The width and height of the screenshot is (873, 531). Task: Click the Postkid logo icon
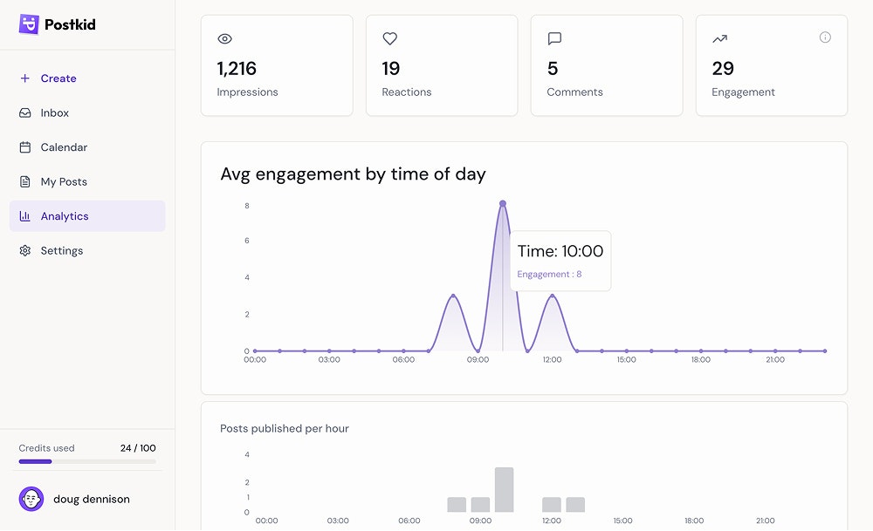click(29, 24)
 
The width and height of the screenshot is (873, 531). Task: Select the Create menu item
click(58, 78)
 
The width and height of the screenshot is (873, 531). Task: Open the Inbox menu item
click(54, 113)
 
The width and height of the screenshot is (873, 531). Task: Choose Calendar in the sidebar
click(64, 147)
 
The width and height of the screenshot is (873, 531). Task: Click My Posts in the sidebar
click(64, 181)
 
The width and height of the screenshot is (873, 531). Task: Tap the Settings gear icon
click(25, 251)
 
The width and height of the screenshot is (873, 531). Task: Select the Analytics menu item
click(65, 216)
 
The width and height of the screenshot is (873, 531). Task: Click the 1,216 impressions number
click(237, 68)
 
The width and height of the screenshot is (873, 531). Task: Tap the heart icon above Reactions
click(389, 38)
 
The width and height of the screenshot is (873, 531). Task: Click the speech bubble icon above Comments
click(554, 38)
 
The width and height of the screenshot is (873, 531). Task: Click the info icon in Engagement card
click(825, 37)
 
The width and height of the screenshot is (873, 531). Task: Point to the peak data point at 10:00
click(503, 203)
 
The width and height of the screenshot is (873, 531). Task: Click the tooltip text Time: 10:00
click(560, 251)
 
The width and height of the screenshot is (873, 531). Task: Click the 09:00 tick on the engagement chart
click(478, 359)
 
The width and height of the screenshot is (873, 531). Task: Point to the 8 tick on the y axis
click(247, 206)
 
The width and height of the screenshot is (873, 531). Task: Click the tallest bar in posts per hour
click(504, 489)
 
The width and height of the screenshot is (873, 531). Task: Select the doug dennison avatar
click(31, 500)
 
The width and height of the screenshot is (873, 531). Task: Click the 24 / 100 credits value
click(138, 448)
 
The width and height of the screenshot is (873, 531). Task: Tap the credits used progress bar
click(87, 461)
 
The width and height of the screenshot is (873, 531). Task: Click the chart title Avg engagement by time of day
click(353, 174)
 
